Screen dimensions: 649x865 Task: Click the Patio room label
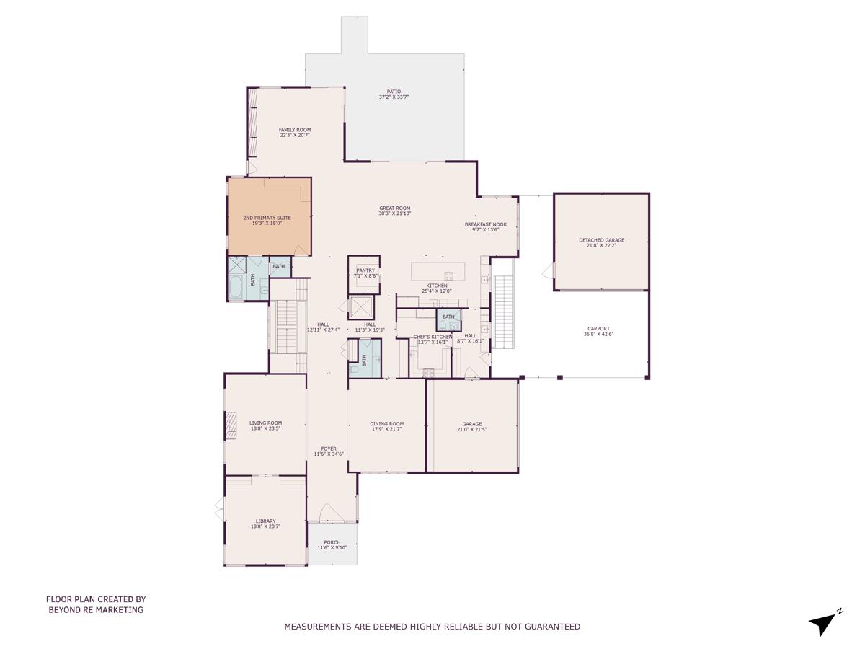(x=394, y=92)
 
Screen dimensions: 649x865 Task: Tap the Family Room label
(x=295, y=130)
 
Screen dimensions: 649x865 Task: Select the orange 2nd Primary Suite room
(x=269, y=216)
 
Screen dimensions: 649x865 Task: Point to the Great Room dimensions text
(x=395, y=213)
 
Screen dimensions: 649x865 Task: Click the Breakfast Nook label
(x=485, y=224)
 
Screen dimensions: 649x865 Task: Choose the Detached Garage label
(x=601, y=240)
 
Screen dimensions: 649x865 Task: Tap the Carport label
(x=598, y=329)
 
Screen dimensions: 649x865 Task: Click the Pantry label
(x=365, y=270)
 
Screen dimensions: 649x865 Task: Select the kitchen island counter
(x=438, y=271)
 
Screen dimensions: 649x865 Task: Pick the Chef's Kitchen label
(x=432, y=337)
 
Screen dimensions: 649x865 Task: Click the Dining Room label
(x=387, y=424)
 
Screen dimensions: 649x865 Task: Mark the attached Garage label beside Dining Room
(x=472, y=424)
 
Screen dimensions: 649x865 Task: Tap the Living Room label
(x=266, y=423)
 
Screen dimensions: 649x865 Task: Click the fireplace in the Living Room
(x=231, y=425)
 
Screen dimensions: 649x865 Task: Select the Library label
(x=265, y=521)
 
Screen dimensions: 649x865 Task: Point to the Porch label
(x=332, y=542)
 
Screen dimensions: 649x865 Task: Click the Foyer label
(x=329, y=449)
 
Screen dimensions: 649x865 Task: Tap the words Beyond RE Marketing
(x=96, y=610)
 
